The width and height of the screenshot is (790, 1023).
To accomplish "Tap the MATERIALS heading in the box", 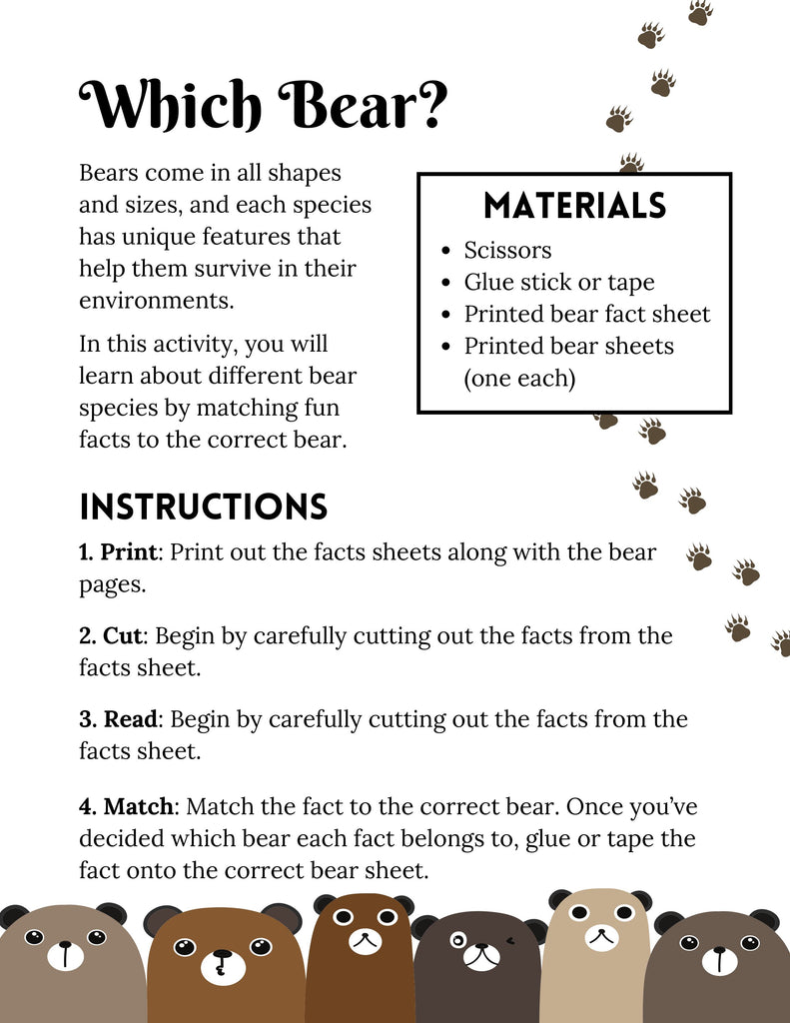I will (574, 206).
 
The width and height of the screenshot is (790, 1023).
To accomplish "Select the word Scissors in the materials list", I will (507, 250).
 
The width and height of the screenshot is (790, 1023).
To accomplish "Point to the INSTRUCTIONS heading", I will (204, 508).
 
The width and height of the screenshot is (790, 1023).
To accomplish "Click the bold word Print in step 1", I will (129, 552).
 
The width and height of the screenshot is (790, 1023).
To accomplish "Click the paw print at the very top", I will (700, 11).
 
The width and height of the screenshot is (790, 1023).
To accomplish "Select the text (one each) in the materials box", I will (519, 379).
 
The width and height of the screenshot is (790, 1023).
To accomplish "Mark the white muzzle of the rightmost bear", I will (719, 960).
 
